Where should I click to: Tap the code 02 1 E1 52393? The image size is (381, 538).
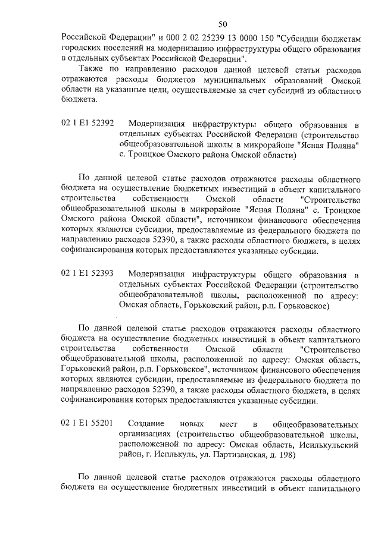coord(88,274)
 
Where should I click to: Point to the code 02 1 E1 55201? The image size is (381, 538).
coord(88,424)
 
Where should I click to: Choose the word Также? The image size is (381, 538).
coord(91,70)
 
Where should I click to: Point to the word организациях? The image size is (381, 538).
coord(144,435)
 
